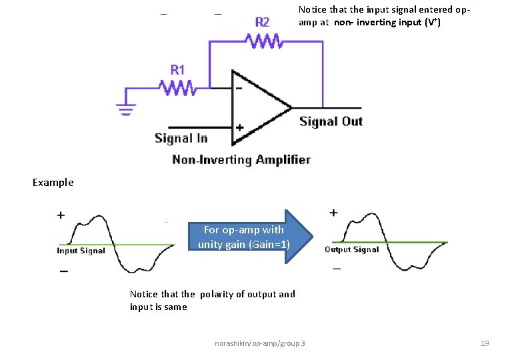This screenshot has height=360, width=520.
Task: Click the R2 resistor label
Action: (x=262, y=22)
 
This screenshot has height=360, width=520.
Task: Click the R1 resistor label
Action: (x=178, y=69)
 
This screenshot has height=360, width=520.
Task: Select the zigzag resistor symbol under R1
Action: (x=177, y=87)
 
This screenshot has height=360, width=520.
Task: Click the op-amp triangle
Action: (x=260, y=107)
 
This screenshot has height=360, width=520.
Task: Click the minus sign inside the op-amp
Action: (x=239, y=87)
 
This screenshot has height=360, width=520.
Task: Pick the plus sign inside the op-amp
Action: (x=239, y=127)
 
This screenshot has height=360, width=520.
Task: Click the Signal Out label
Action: (x=331, y=121)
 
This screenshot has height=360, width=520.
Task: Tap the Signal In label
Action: (x=181, y=138)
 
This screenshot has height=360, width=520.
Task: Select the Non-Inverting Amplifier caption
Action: (x=241, y=159)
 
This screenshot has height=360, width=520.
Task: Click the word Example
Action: (x=53, y=182)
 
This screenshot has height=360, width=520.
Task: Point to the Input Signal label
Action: (x=81, y=251)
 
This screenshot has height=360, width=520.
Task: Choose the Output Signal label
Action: (x=351, y=249)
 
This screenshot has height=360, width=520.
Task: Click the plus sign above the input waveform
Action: (x=61, y=215)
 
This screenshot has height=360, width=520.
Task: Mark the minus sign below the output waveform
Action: (x=336, y=268)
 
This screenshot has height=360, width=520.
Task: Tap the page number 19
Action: (x=485, y=343)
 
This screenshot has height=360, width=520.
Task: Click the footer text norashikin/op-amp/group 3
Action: (x=260, y=343)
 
